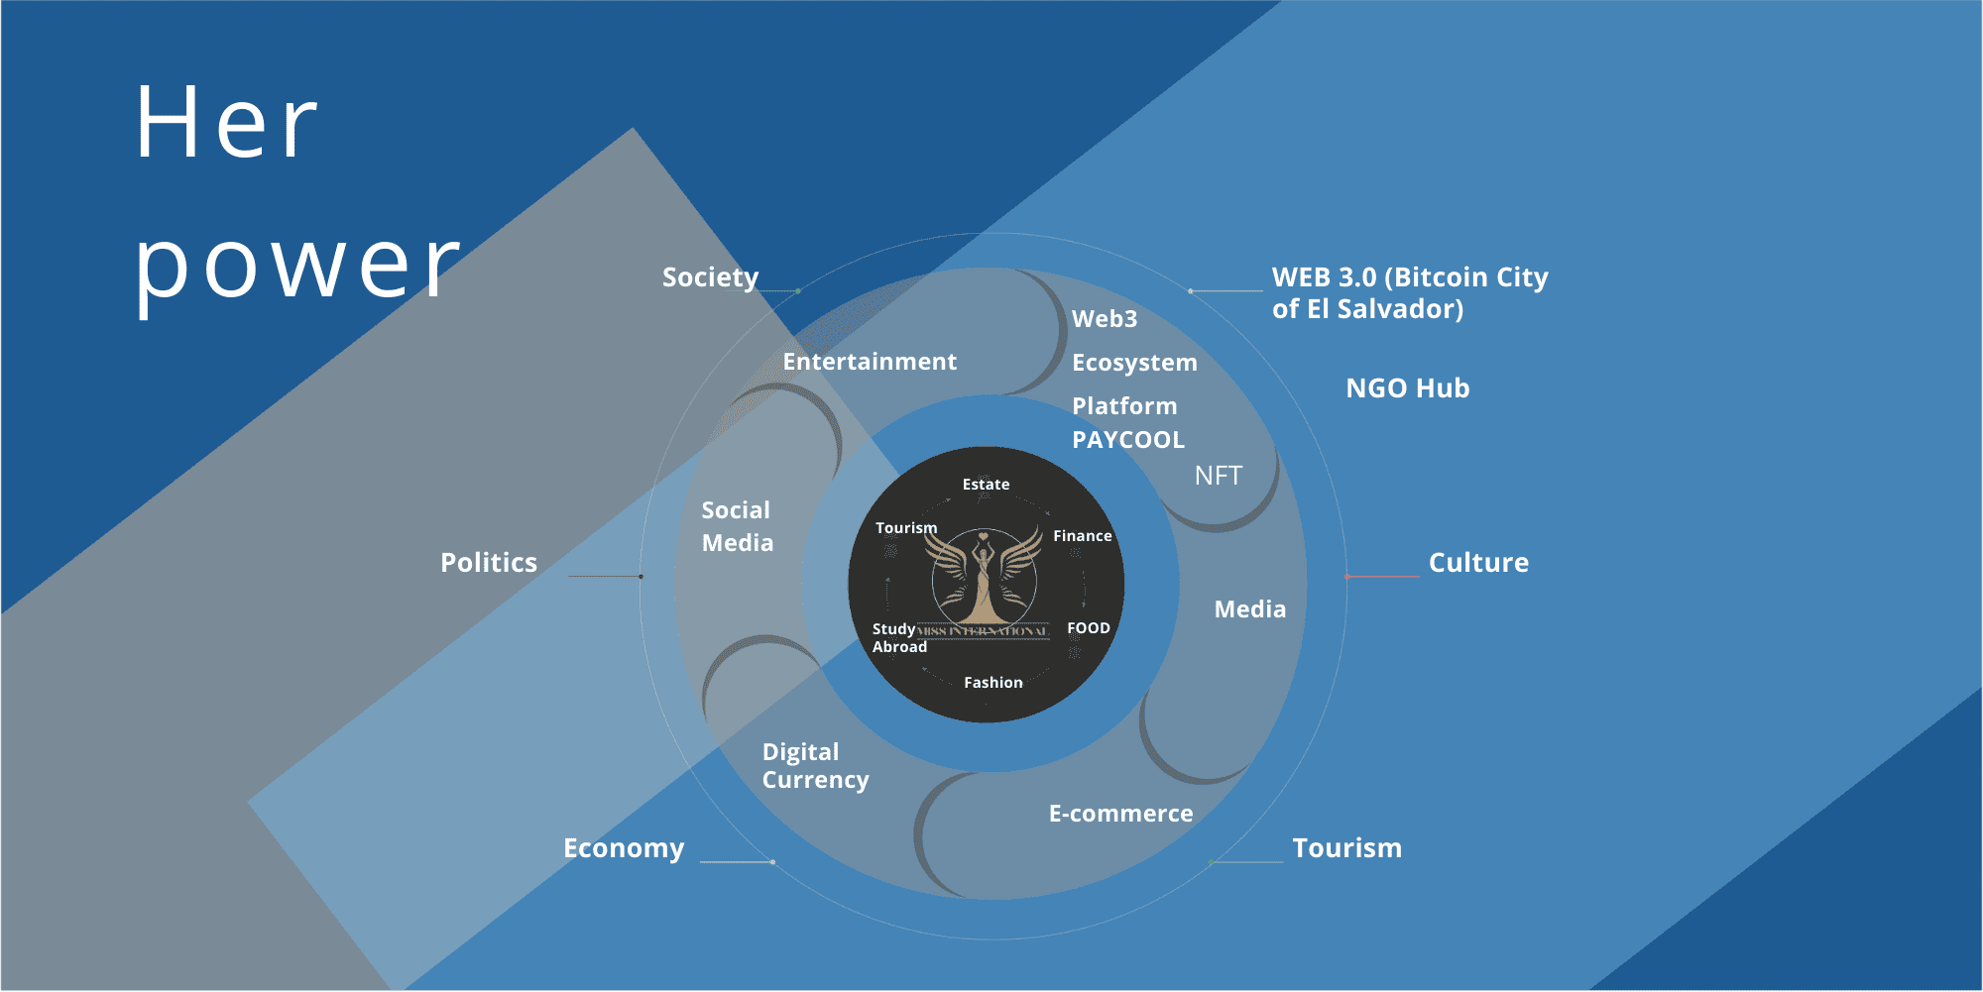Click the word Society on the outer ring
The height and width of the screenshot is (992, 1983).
pos(710,277)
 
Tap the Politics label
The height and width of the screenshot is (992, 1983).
pos(489,563)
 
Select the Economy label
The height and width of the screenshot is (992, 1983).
pos(624,848)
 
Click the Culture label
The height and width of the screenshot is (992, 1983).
pos(1478,563)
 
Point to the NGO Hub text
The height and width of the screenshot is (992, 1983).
pos(1407,388)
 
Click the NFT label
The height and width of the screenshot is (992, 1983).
pos(1218,477)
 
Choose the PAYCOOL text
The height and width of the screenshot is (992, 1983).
pos(1128,440)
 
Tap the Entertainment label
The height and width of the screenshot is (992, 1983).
pos(870,362)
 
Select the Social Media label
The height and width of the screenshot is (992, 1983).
pos(737,526)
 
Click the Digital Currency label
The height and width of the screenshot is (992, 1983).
pos(815,766)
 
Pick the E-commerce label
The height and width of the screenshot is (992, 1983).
pos(1120,814)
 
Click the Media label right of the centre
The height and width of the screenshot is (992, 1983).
pos(1249,609)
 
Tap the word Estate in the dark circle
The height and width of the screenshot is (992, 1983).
pos(986,485)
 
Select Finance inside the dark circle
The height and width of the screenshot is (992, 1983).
pos(1082,536)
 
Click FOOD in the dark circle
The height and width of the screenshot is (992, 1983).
pos(1088,628)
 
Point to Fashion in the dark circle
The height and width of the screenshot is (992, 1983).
pos(992,683)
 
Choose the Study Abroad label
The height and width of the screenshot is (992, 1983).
pos(898,638)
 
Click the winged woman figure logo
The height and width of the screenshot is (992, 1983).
pos(984,580)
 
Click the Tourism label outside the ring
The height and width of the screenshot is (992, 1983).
pos(1346,848)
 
